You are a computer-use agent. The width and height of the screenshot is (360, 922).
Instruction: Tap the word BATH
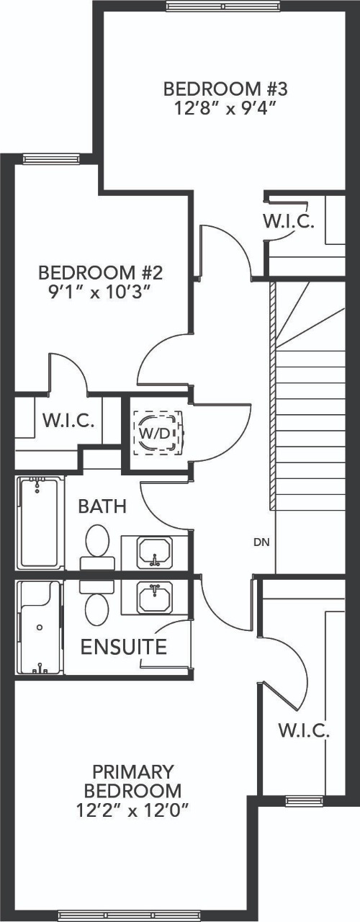102,506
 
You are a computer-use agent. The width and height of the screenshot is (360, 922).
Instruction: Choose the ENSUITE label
123,647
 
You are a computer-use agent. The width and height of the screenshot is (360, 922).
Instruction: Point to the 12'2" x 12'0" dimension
132,810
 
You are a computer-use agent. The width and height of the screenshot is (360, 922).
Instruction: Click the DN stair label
262,542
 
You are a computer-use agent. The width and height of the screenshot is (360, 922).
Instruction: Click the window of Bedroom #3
223,6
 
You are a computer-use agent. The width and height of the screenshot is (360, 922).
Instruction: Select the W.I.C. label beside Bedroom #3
288,221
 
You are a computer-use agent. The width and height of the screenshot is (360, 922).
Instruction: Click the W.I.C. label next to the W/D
68,421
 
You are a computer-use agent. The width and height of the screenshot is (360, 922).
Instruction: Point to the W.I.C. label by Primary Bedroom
304,732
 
